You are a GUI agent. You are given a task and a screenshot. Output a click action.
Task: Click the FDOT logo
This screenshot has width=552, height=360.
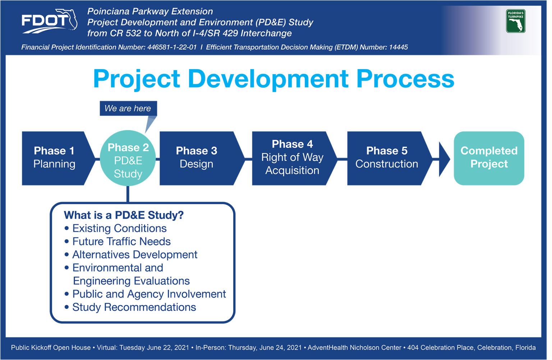[49, 21]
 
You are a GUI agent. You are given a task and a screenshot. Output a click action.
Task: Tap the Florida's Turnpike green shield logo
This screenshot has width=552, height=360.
[516, 21]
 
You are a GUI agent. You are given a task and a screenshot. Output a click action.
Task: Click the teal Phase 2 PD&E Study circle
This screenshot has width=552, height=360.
[128, 158]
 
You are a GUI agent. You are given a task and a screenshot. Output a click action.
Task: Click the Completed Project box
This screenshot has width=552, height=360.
[489, 158]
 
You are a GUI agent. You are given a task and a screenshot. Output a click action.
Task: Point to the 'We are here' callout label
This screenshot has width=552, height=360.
[128, 108]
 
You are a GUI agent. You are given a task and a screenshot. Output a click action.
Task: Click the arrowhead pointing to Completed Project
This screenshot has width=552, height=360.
[444, 159]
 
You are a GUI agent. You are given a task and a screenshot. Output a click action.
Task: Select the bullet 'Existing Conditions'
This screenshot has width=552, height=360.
[116, 228]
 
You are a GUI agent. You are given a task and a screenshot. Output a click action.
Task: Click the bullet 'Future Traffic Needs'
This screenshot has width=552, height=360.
[118, 241]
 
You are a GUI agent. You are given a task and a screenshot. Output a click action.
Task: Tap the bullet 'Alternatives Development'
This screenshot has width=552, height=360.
[131, 255]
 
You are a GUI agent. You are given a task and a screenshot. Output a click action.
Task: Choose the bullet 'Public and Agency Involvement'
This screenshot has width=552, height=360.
[145, 294]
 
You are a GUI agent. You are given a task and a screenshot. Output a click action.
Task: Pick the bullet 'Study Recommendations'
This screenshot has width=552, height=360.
[130, 307]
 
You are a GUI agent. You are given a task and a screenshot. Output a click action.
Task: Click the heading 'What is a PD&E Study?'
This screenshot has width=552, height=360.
[124, 215]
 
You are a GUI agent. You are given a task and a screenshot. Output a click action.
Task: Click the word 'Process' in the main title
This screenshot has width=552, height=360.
[405, 79]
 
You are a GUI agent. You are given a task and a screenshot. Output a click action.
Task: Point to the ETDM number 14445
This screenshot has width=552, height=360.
[399, 47]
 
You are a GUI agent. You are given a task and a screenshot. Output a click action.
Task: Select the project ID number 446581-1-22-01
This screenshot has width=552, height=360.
[172, 47]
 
